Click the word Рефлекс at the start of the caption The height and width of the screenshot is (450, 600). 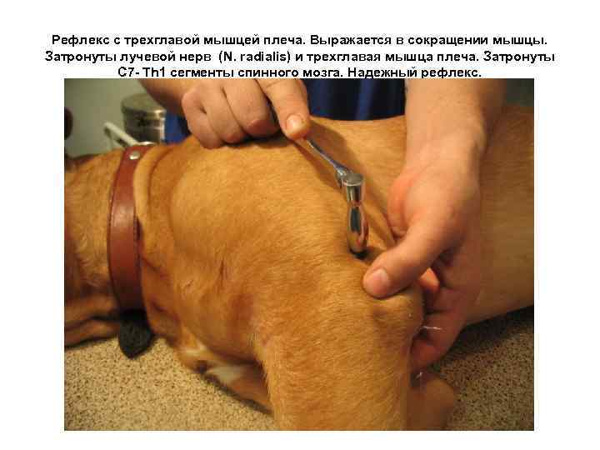[x=77, y=40]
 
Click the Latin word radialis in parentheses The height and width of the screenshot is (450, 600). [x=255, y=56]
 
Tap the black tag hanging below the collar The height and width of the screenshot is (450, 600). [x=132, y=332]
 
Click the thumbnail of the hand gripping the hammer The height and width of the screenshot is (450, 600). [x=297, y=125]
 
